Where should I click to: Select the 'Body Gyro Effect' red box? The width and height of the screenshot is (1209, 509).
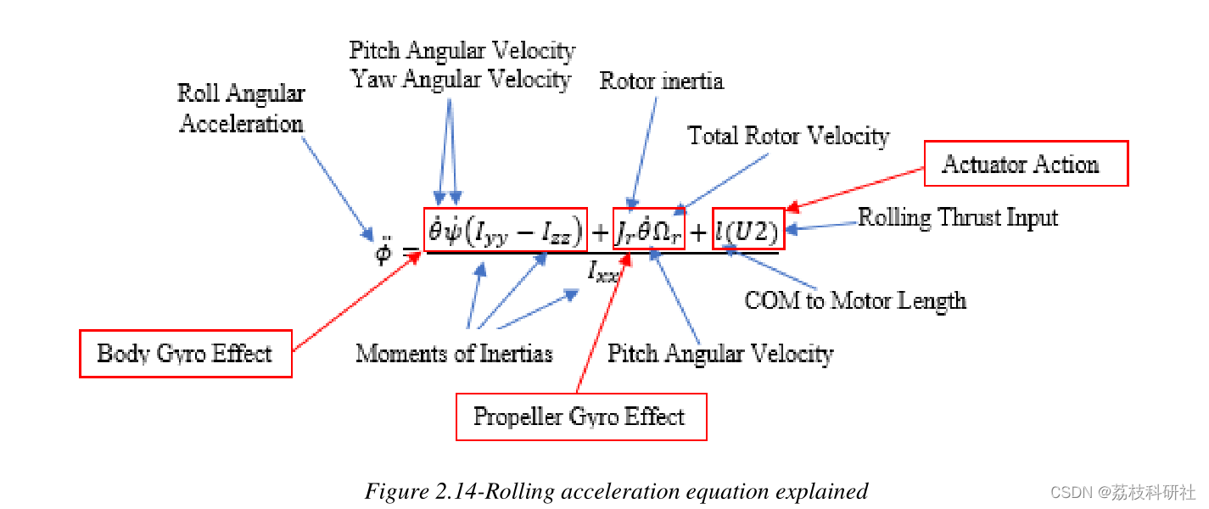tap(185, 353)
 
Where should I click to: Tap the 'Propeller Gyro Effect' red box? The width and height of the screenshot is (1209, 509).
tap(580, 417)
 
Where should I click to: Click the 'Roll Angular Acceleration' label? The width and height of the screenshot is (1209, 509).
tap(242, 109)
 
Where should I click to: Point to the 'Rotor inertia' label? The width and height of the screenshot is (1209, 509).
tap(661, 81)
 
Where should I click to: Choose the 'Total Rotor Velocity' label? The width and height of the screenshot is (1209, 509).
tap(788, 136)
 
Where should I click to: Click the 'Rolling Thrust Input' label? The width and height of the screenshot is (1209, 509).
tap(958, 217)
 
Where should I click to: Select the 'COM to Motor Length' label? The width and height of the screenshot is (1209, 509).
tap(854, 299)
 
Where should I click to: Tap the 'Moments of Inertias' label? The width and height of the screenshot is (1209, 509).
tap(454, 353)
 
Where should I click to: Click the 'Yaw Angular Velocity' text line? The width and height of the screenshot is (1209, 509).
tap(462, 80)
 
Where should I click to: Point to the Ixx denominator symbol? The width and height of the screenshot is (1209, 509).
tap(605, 271)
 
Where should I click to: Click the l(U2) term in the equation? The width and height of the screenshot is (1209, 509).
tap(747, 229)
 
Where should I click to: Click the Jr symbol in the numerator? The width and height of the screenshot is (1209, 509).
tap(626, 230)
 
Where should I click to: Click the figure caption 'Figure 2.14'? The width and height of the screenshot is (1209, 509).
tap(617, 491)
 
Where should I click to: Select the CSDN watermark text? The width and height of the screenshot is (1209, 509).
tap(1122, 492)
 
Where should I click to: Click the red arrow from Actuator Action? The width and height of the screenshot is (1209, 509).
tap(857, 187)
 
